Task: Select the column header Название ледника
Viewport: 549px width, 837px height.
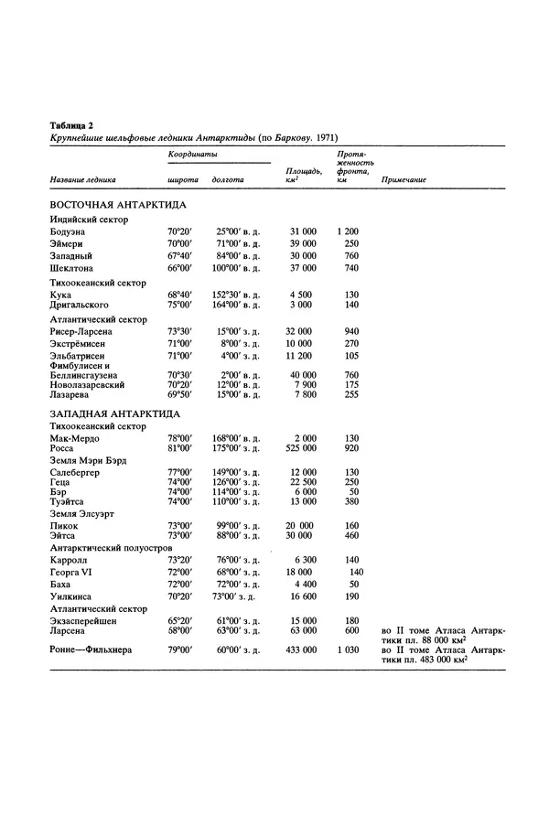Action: tap(83, 180)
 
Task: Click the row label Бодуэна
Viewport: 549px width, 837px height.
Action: tap(70, 232)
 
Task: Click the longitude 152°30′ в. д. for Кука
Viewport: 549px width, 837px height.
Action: tap(238, 294)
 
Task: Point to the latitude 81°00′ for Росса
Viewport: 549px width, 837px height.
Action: tap(179, 449)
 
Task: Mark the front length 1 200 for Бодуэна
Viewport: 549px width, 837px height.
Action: tap(348, 232)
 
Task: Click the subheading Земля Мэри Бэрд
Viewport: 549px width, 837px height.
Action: tap(94, 460)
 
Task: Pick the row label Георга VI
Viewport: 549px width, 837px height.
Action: tap(75, 571)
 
